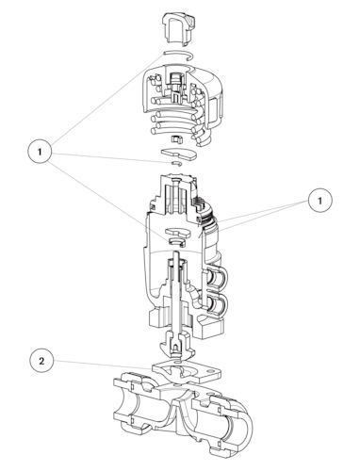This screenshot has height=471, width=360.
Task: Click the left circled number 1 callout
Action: pyautogui.click(x=40, y=152)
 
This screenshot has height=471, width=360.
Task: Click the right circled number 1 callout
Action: pyautogui.click(x=320, y=200)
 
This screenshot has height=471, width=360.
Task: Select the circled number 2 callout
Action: pyautogui.click(x=41, y=361)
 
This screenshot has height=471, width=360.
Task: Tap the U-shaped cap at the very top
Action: pyautogui.click(x=178, y=28)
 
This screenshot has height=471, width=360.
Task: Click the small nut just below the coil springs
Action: pyautogui.click(x=178, y=139)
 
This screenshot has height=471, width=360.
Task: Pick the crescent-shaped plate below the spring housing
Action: pyautogui.click(x=178, y=154)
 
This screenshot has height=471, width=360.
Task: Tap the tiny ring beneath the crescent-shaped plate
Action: pyautogui.click(x=176, y=163)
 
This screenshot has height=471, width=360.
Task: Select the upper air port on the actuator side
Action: pyautogui.click(x=217, y=277)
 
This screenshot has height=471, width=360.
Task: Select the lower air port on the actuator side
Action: pyautogui.click(x=217, y=303)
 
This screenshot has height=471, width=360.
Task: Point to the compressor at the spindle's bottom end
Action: pyautogui.click(x=177, y=347)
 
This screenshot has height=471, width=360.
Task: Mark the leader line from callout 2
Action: pyautogui.click(x=103, y=365)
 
